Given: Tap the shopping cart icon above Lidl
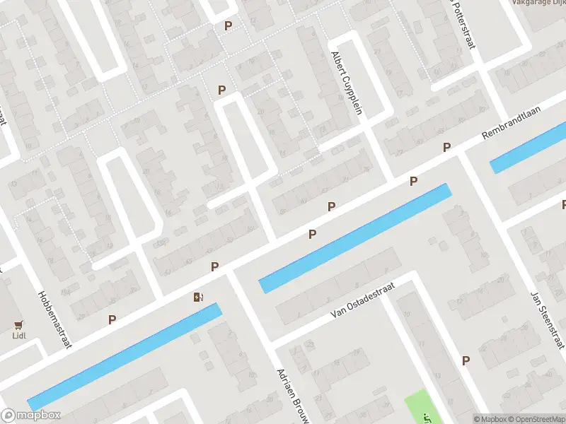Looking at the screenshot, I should tap(19, 326).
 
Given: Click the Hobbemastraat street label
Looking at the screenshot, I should tap(54, 321).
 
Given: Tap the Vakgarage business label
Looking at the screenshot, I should tap(538, 3).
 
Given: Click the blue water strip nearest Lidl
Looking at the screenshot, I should tap(124, 357).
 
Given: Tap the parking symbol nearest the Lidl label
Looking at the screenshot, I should tap(112, 319).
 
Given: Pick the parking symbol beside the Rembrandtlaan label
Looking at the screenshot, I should tap(446, 147).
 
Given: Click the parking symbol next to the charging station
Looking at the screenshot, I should tap(214, 266).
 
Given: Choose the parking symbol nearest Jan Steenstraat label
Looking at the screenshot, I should tap(466, 360).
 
